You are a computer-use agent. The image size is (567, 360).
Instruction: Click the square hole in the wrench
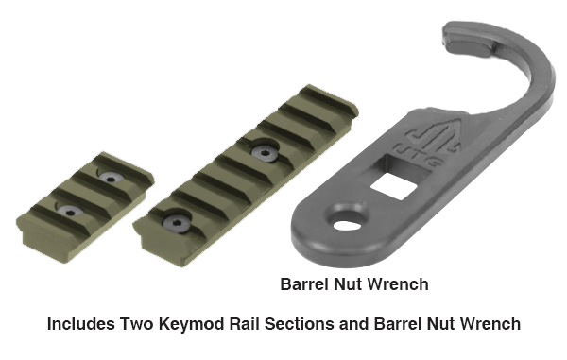pyautogui.click(x=393, y=186)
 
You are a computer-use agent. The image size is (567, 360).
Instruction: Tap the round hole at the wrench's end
pyautogui.click(x=347, y=226)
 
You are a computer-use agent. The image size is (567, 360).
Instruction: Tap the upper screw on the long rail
pyautogui.click(x=265, y=152)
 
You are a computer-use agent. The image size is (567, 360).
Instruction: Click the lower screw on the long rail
pyautogui.click(x=176, y=222)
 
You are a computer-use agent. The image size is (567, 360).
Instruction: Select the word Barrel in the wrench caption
pyautogui.click(x=303, y=284)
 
